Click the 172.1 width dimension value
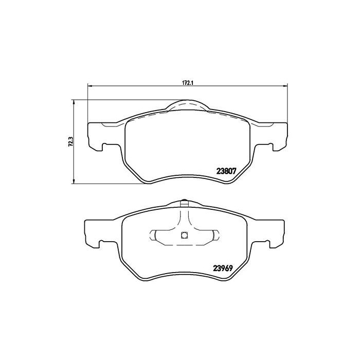tap(186, 81)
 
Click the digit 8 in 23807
tap(224, 173)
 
